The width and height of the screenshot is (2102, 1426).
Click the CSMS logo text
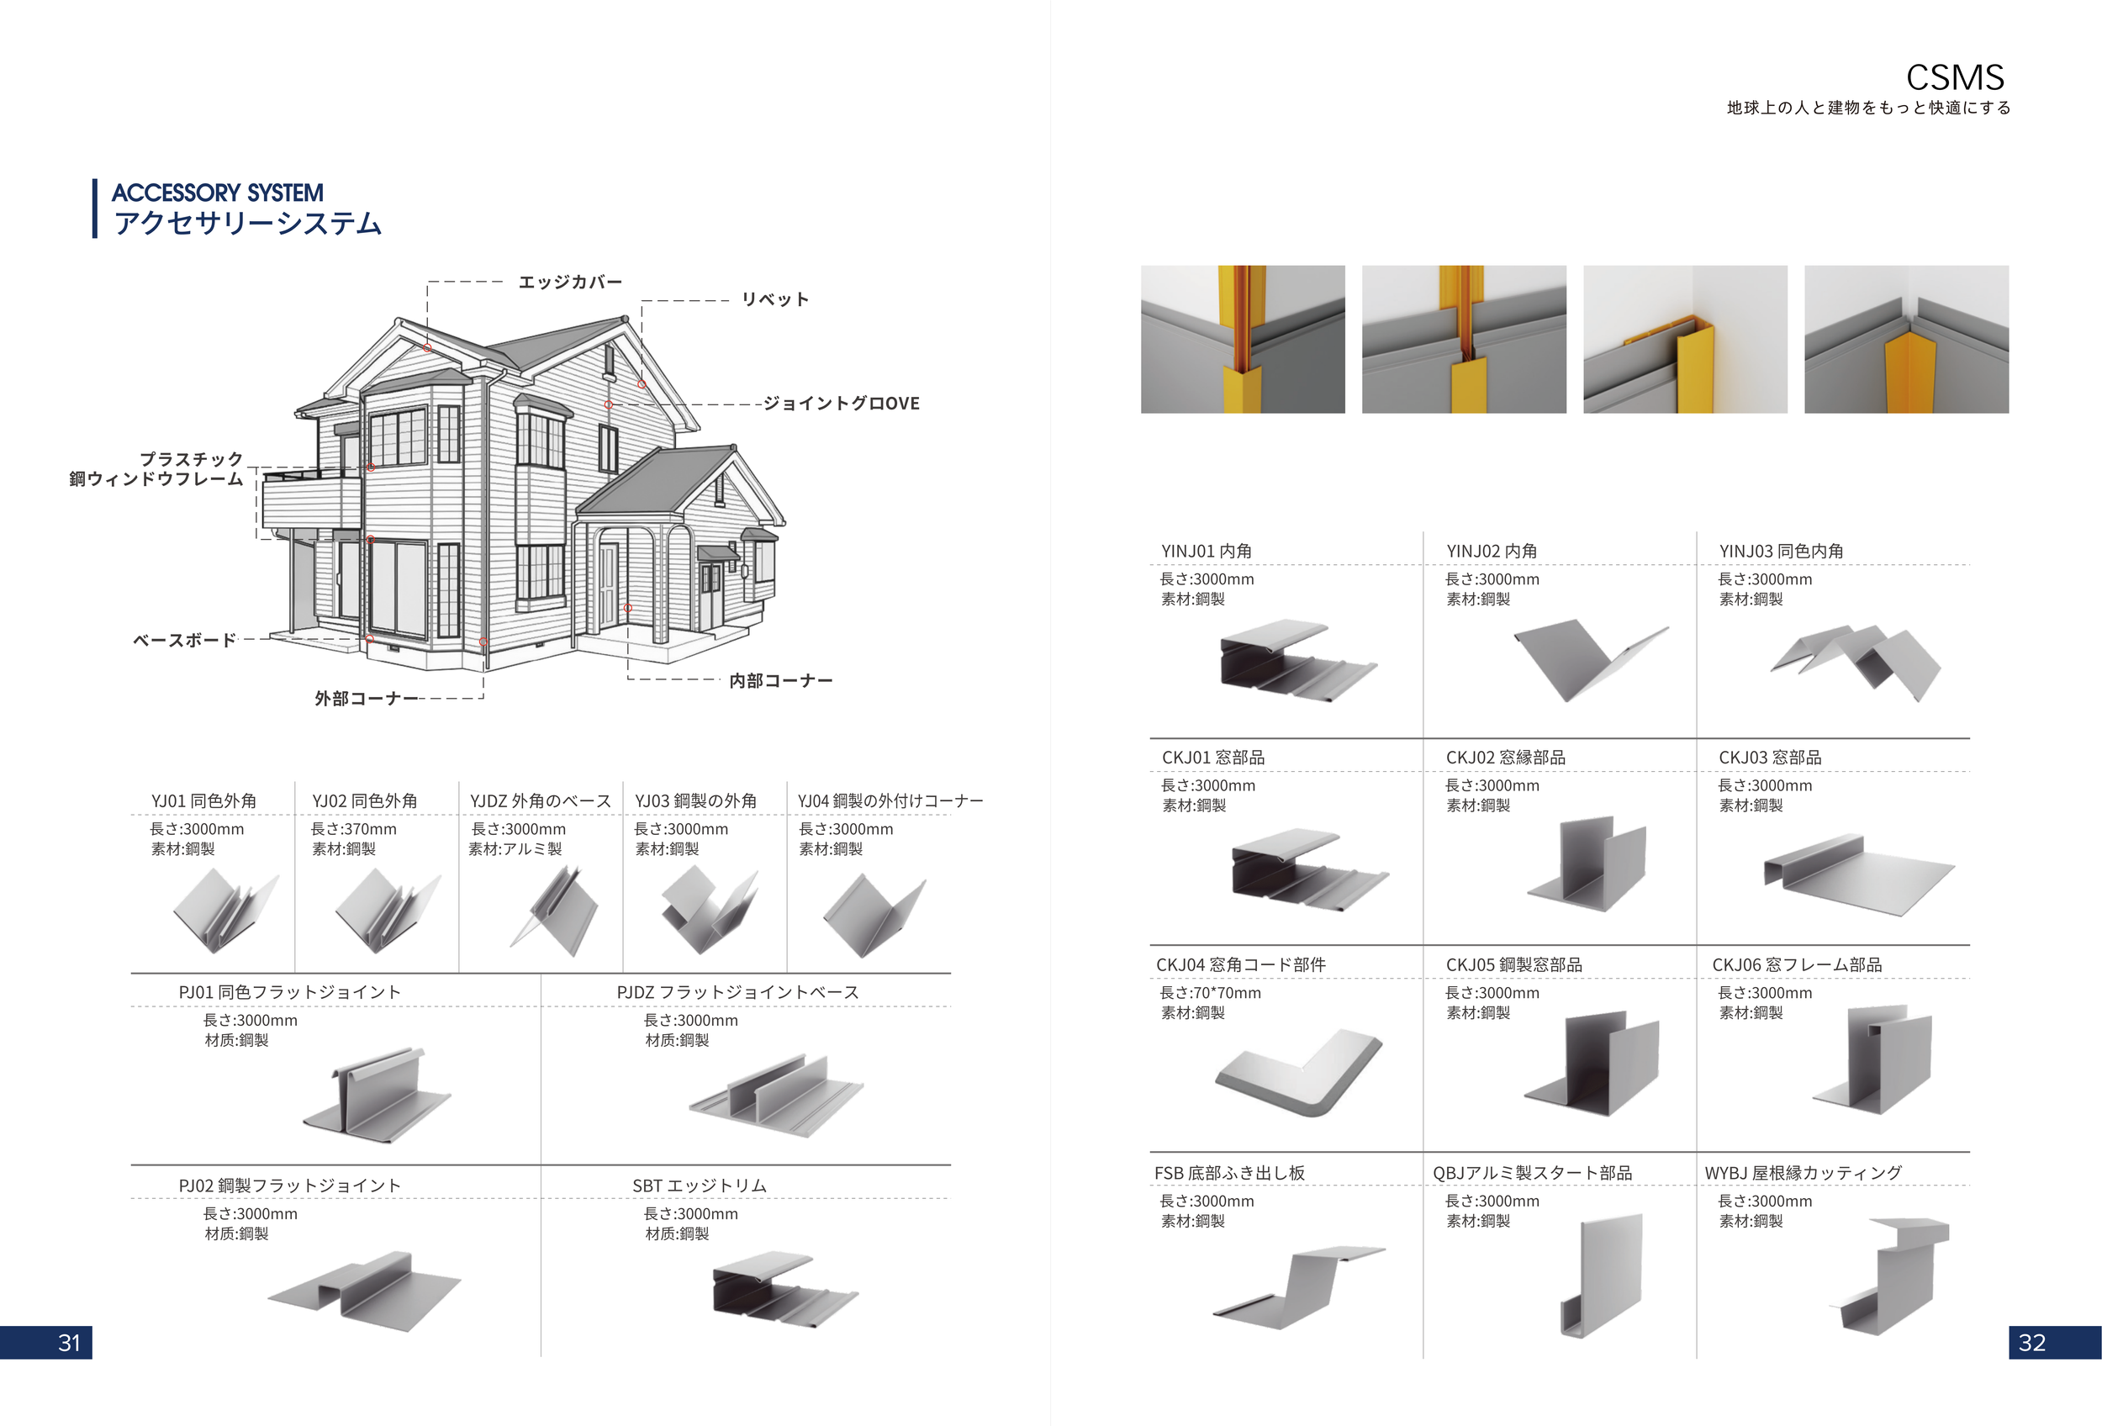[1955, 77]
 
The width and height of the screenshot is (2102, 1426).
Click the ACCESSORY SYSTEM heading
[217, 193]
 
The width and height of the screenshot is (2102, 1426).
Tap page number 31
[69, 1343]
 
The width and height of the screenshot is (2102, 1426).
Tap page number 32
[2031, 1343]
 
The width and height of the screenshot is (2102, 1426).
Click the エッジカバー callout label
[570, 283]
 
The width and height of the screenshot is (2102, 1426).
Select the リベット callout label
[775, 299]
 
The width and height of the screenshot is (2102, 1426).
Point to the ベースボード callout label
[184, 640]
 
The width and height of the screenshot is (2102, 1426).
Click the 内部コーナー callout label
[780, 680]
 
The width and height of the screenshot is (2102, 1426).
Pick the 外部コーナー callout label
[367, 698]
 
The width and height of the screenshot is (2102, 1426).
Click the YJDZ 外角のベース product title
[540, 800]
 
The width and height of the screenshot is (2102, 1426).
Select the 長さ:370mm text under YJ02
[354, 828]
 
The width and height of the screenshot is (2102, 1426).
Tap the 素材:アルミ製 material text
[515, 848]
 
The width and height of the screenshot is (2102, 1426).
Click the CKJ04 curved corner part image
[1299, 1070]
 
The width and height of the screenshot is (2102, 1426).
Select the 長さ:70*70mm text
[1210, 992]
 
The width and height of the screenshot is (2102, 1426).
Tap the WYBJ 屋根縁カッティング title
[1803, 1173]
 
